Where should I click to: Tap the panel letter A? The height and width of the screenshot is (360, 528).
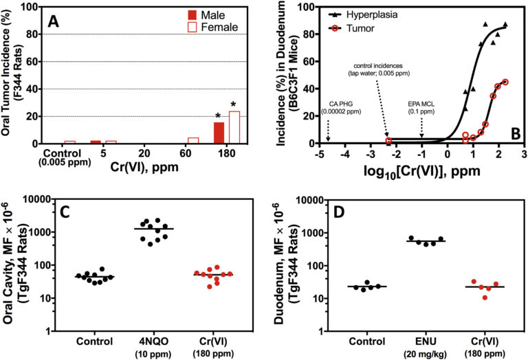[x=53, y=23]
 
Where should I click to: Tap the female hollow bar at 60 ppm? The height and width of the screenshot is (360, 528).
[x=193, y=140]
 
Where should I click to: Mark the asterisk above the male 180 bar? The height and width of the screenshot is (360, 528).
[x=219, y=116]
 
